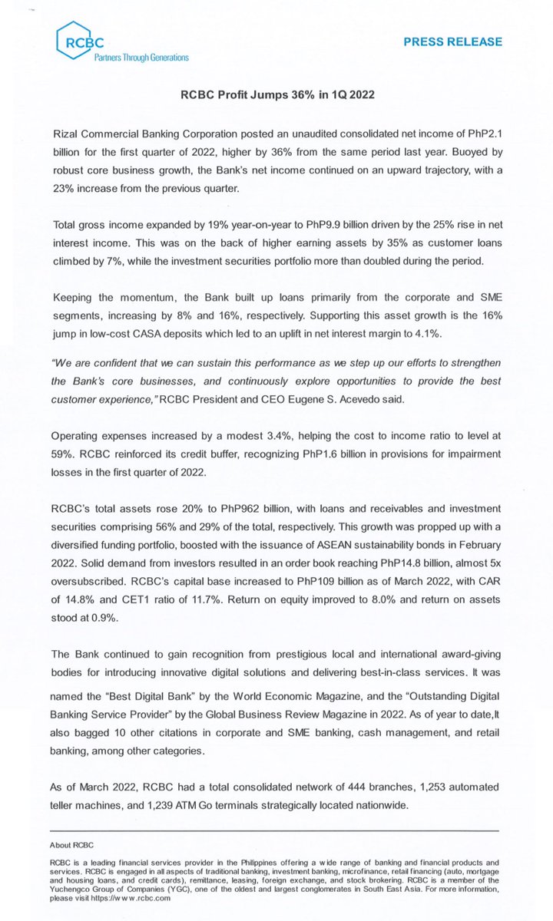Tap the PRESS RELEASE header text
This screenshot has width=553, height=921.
coord(453,41)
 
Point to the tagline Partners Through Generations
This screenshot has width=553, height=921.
coord(141,58)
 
